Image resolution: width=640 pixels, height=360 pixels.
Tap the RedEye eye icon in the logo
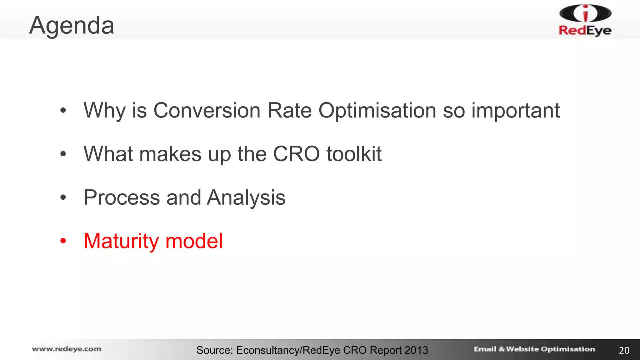point(585,13)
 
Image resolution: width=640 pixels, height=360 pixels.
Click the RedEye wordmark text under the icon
point(585,30)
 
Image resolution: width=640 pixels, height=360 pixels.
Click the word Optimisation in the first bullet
point(377,111)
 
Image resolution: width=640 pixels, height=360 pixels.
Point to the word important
point(515,111)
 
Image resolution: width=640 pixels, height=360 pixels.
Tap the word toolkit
point(354,154)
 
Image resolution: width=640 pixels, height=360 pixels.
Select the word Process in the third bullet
point(122,197)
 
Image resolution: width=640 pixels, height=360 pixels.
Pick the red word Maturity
point(121,241)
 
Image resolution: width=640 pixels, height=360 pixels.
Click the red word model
point(194,241)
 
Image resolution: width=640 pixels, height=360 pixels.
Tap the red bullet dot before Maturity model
point(63,241)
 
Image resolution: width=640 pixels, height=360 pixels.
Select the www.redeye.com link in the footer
point(67,349)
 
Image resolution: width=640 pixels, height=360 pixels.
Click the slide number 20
point(624,350)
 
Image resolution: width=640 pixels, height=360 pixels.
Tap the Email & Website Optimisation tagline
point(534,349)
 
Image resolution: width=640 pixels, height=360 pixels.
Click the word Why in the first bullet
point(104,111)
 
